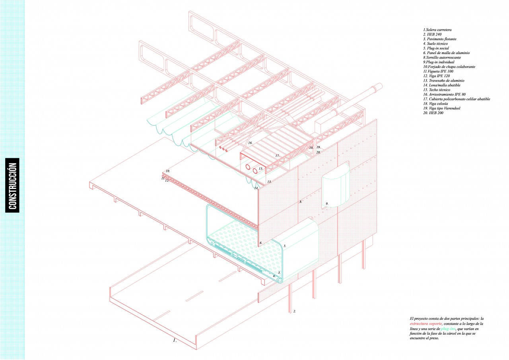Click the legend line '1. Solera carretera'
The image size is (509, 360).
coord(437,30)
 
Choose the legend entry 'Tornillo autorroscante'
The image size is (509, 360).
coord(442,57)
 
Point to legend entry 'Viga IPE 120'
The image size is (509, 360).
coord(437,76)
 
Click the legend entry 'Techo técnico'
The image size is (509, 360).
coord(437,90)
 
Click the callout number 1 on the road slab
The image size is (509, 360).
coord(174,341)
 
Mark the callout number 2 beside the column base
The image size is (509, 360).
coord(295,311)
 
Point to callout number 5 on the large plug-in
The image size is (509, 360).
coord(285,246)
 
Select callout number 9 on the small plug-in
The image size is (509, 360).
coord(327,204)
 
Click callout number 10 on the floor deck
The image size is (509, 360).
coord(168,171)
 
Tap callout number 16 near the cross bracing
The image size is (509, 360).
coord(251,142)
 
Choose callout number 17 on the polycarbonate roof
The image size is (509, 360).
coord(278,156)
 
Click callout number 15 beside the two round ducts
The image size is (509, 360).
coord(261,168)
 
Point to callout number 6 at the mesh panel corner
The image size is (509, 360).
coord(260,242)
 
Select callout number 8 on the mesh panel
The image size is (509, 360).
coord(301,202)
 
